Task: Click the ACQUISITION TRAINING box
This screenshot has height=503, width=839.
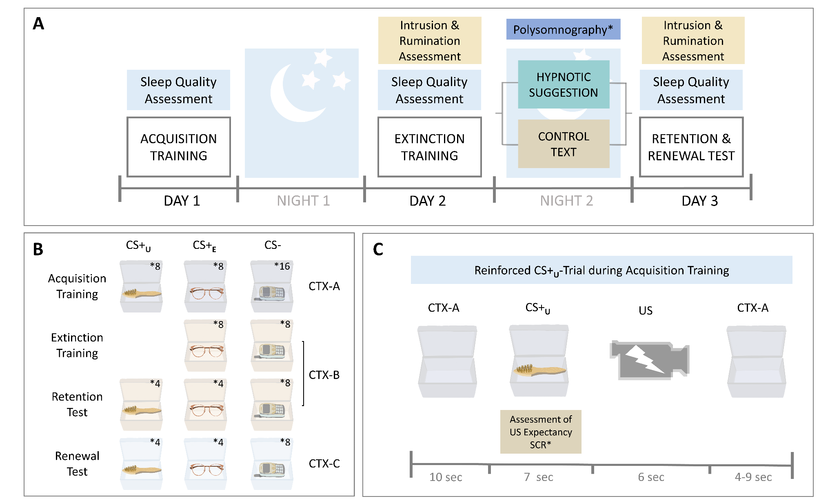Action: (178, 147)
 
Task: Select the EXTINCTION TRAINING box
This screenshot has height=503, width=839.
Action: (429, 147)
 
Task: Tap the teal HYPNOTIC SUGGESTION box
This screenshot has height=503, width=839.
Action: (563, 84)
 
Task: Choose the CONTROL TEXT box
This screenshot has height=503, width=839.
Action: (563, 144)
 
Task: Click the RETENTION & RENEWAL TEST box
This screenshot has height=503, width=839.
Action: (691, 147)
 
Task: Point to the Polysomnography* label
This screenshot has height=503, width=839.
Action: (563, 29)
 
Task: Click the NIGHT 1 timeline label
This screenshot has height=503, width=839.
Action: (303, 201)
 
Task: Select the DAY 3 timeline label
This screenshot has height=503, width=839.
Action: (699, 201)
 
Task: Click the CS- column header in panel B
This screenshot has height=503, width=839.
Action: (273, 245)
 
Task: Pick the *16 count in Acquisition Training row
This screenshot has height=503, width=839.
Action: (282, 266)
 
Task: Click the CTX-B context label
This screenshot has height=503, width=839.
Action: (324, 374)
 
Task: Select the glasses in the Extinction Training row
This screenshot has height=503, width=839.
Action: (206, 350)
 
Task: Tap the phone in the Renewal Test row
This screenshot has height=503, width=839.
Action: (271, 469)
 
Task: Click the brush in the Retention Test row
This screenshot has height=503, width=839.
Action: (141, 410)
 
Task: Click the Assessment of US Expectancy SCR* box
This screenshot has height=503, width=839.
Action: (541, 432)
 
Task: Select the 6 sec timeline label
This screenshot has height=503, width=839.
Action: (651, 477)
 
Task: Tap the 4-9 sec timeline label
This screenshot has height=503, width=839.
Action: (753, 477)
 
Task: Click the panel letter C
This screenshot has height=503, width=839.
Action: (378, 249)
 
